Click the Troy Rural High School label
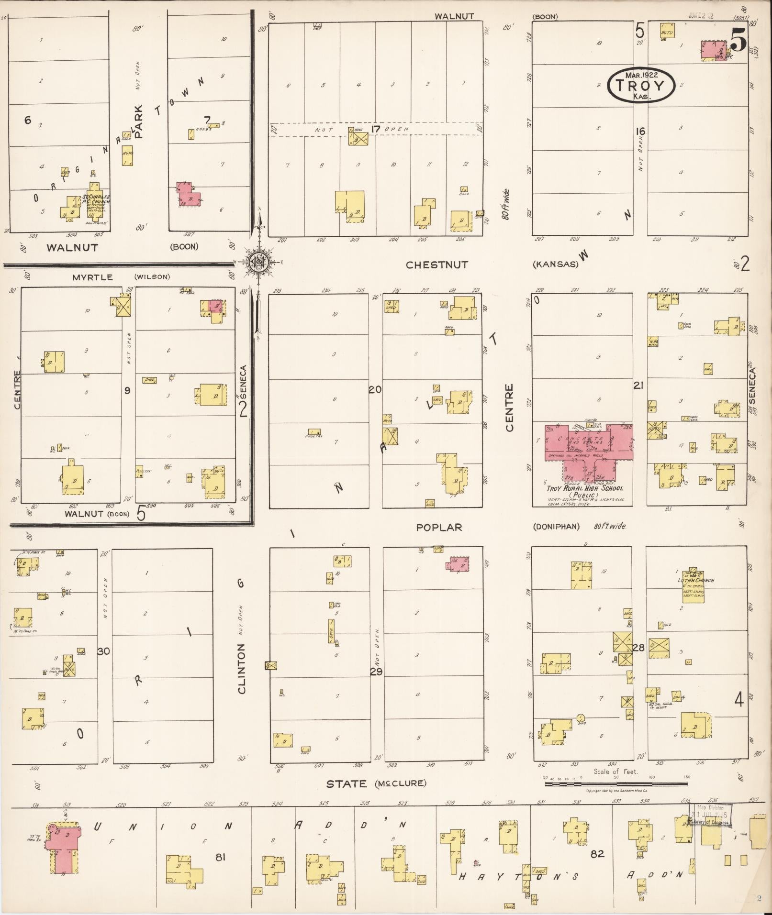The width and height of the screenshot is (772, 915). (585, 488)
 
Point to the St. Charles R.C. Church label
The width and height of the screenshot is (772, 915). (96, 199)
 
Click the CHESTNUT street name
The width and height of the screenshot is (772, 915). (436, 265)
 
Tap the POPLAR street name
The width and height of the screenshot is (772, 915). (439, 527)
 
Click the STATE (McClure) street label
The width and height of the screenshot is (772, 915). (376, 783)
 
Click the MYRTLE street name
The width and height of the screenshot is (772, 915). (93, 277)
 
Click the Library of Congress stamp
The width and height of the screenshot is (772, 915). (709, 815)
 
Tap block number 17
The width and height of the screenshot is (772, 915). (375, 129)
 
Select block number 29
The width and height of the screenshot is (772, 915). (376, 672)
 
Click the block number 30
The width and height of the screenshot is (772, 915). (104, 651)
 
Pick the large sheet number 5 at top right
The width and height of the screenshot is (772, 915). (738, 40)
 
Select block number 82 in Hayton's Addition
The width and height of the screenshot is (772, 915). (597, 853)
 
